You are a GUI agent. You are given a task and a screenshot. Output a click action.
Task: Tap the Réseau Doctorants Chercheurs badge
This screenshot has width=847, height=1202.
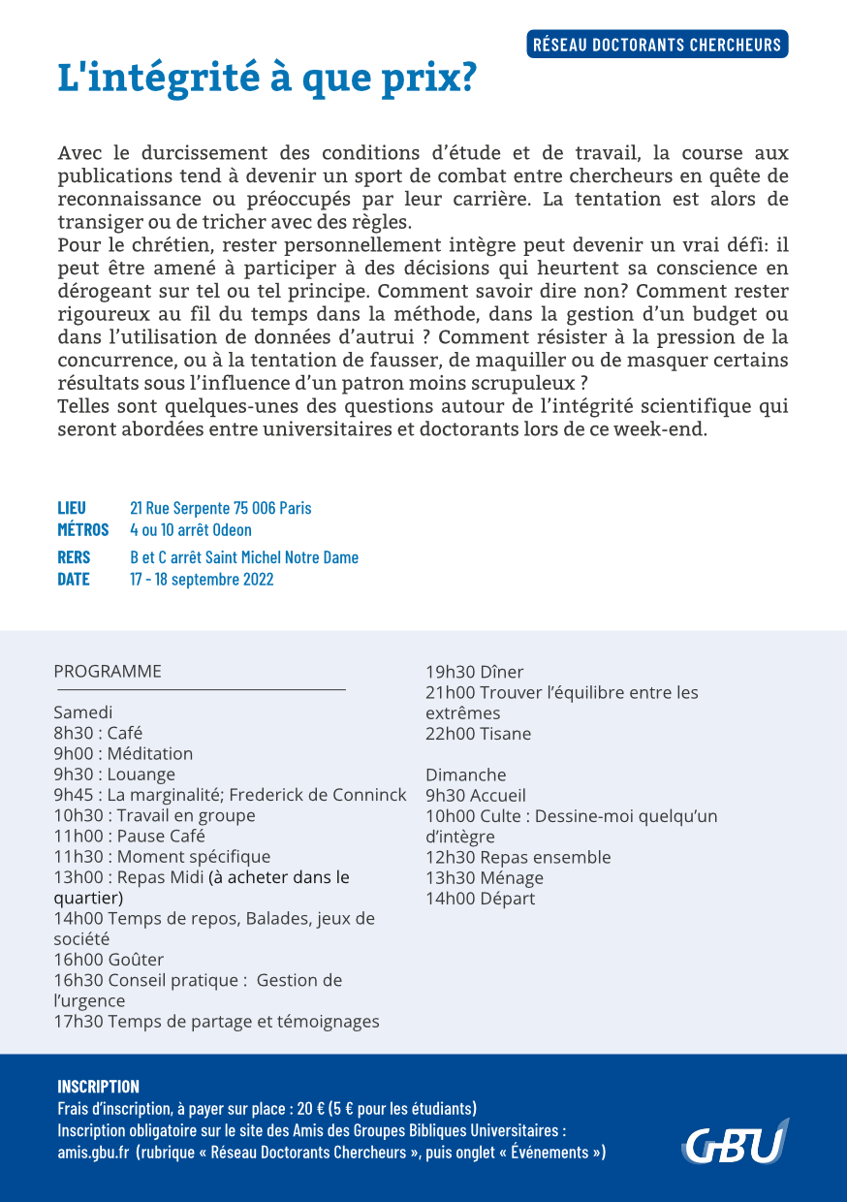point(657,45)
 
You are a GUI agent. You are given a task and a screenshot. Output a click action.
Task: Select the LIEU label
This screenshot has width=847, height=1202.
point(72,508)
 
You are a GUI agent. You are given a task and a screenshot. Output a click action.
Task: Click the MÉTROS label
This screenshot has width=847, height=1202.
point(83,530)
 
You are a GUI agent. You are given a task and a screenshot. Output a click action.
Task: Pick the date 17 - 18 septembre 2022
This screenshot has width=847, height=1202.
point(202,580)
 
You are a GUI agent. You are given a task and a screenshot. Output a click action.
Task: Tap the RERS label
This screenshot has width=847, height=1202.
point(74,557)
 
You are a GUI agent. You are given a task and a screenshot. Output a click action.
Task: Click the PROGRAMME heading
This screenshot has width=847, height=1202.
point(108,672)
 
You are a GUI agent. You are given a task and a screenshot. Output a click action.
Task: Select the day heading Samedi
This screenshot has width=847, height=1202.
point(83,712)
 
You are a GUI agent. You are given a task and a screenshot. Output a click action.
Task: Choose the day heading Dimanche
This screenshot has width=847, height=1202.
point(466,775)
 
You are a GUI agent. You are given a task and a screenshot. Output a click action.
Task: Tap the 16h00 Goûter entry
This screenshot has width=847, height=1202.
point(109,960)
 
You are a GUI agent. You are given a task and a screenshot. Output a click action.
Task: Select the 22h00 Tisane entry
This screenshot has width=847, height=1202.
point(479,734)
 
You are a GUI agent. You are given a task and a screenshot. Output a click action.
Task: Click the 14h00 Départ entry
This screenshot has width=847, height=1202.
point(481,899)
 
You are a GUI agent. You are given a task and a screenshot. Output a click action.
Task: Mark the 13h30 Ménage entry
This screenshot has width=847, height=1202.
point(485,878)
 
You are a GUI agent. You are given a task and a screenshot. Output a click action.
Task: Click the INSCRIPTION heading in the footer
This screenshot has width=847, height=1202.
point(98,1086)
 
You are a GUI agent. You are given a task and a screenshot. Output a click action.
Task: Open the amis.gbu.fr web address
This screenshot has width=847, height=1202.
point(93,1153)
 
